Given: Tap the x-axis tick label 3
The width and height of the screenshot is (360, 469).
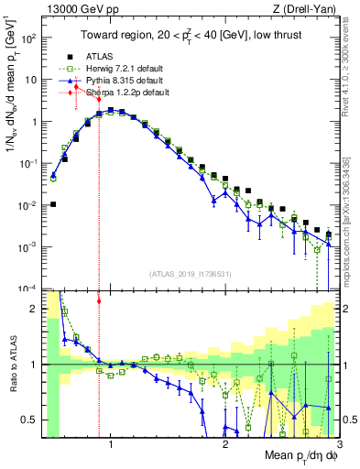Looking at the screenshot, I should [339, 444].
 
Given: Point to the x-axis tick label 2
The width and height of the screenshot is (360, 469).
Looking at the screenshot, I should [225, 444].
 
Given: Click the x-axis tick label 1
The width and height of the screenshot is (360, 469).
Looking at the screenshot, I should [112, 444].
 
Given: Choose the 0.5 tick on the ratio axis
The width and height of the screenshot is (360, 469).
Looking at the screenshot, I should [29, 420].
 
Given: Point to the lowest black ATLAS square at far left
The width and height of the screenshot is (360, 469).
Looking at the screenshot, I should [52, 204].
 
